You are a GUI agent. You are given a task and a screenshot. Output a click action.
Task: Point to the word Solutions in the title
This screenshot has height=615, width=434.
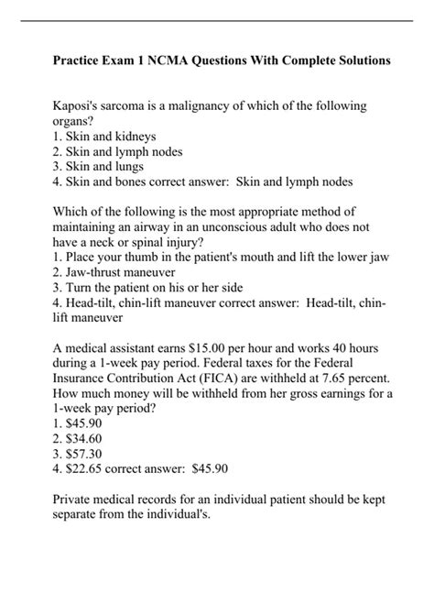[x=360, y=60]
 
